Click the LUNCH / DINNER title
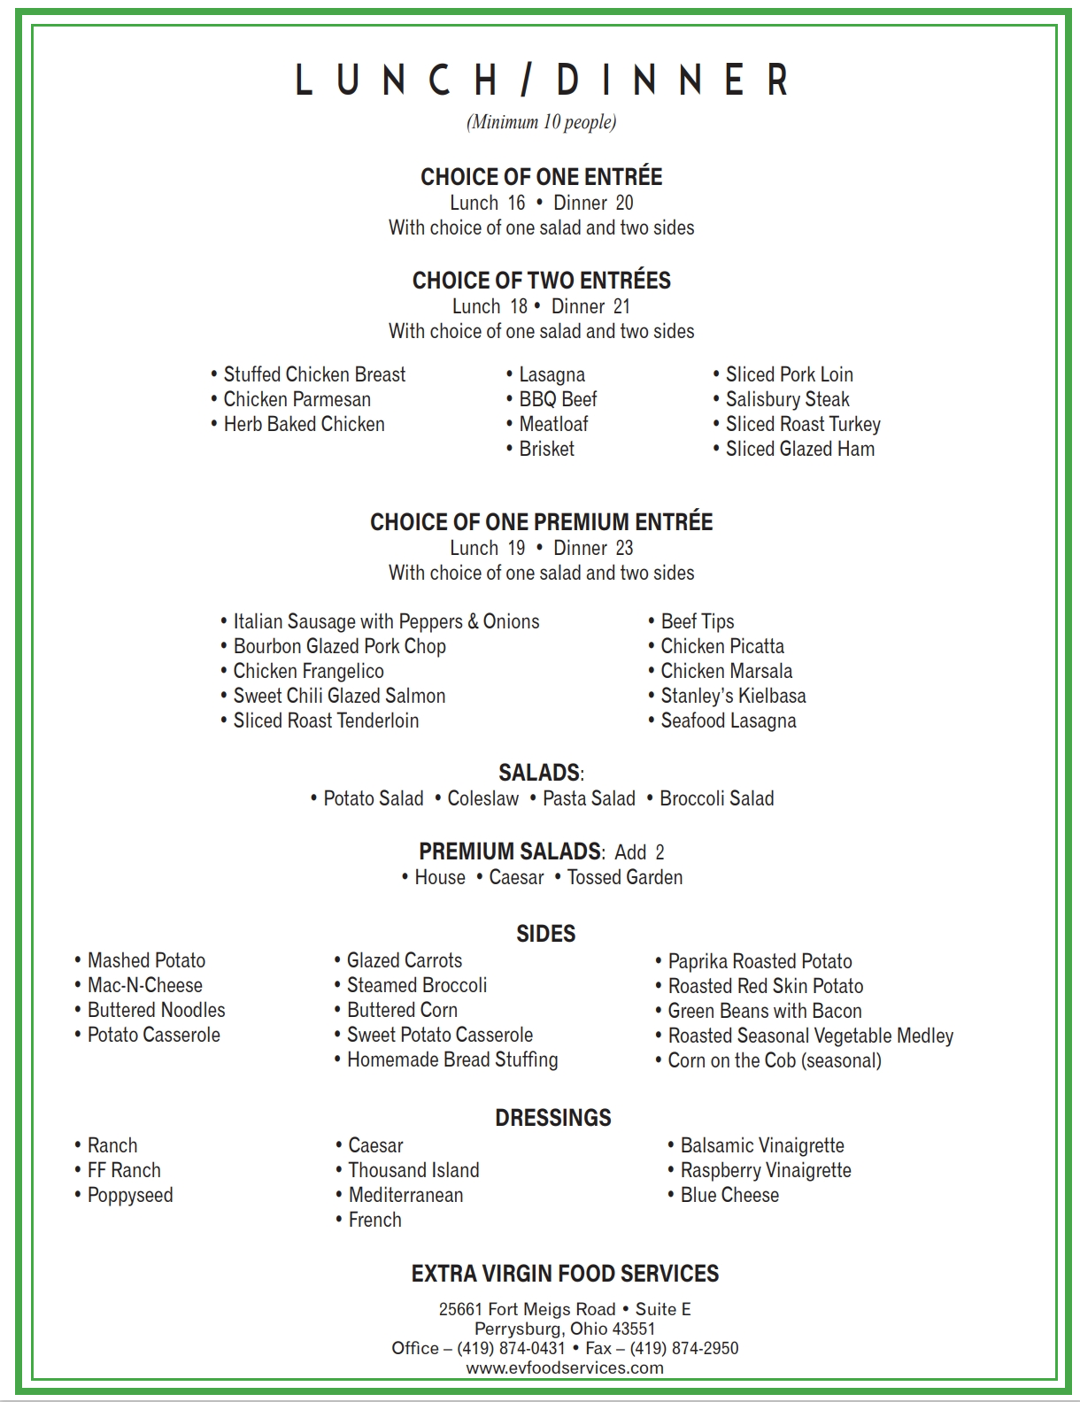click(541, 80)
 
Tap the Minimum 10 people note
click(541, 122)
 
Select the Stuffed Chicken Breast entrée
click(314, 374)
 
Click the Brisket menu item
click(546, 449)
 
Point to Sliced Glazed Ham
click(799, 449)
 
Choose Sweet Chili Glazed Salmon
click(339, 696)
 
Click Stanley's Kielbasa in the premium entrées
click(733, 696)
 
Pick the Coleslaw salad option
click(482, 798)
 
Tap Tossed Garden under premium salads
click(624, 877)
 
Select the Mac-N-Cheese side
click(144, 985)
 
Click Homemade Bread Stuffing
click(451, 1059)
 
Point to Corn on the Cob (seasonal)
click(774, 1060)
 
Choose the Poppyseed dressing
click(129, 1195)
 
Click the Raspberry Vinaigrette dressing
click(765, 1170)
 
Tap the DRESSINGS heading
click(553, 1118)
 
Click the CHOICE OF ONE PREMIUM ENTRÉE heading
click(541, 522)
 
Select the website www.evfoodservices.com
click(565, 1367)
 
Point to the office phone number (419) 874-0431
click(511, 1348)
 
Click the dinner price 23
click(624, 548)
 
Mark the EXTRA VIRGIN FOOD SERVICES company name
click(565, 1274)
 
